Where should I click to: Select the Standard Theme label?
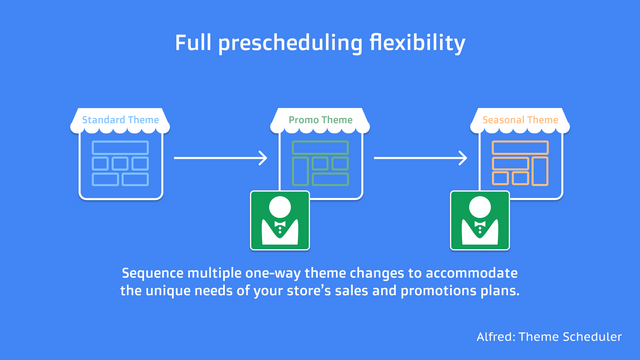(120, 120)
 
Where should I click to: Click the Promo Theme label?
(320, 120)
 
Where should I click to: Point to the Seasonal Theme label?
(520, 120)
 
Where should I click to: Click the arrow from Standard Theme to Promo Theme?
(220, 157)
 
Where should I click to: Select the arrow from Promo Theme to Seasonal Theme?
(420, 157)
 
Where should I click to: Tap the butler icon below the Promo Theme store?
(279, 219)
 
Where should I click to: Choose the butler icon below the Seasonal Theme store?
(479, 219)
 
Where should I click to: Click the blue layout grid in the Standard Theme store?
(120, 164)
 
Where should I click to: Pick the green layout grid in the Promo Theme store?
(320, 164)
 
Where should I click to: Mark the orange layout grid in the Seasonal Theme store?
(520, 164)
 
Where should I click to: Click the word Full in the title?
(193, 43)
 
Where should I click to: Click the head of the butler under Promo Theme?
(279, 208)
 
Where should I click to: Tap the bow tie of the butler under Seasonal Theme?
(479, 227)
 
